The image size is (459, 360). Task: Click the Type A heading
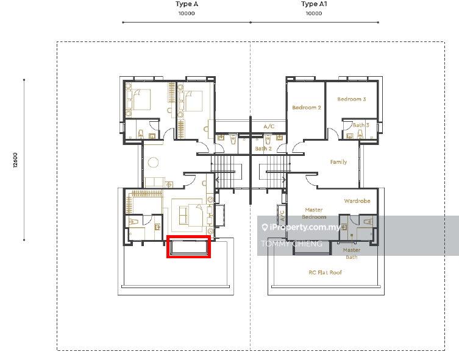(x=187, y=4)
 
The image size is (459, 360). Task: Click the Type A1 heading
(x=314, y=4)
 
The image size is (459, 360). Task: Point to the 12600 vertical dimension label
(x=15, y=160)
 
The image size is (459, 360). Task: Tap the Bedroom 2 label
(x=307, y=108)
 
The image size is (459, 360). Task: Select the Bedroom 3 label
(x=352, y=99)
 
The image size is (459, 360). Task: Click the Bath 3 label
(x=361, y=125)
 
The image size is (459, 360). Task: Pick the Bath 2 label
(x=263, y=149)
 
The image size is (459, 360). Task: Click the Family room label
(x=338, y=162)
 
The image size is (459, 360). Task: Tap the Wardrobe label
(x=357, y=201)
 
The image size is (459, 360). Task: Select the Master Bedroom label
(x=314, y=213)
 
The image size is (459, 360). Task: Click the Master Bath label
(x=352, y=253)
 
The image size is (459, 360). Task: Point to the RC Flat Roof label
(x=325, y=272)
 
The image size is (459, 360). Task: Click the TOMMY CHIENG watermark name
(x=291, y=244)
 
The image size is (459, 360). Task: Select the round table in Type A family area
(x=153, y=162)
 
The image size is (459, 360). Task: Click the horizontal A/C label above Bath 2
(x=269, y=126)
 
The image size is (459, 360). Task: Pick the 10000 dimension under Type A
(x=187, y=13)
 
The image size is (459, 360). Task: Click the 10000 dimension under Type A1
(x=314, y=13)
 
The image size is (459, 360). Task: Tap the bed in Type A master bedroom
(x=191, y=215)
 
